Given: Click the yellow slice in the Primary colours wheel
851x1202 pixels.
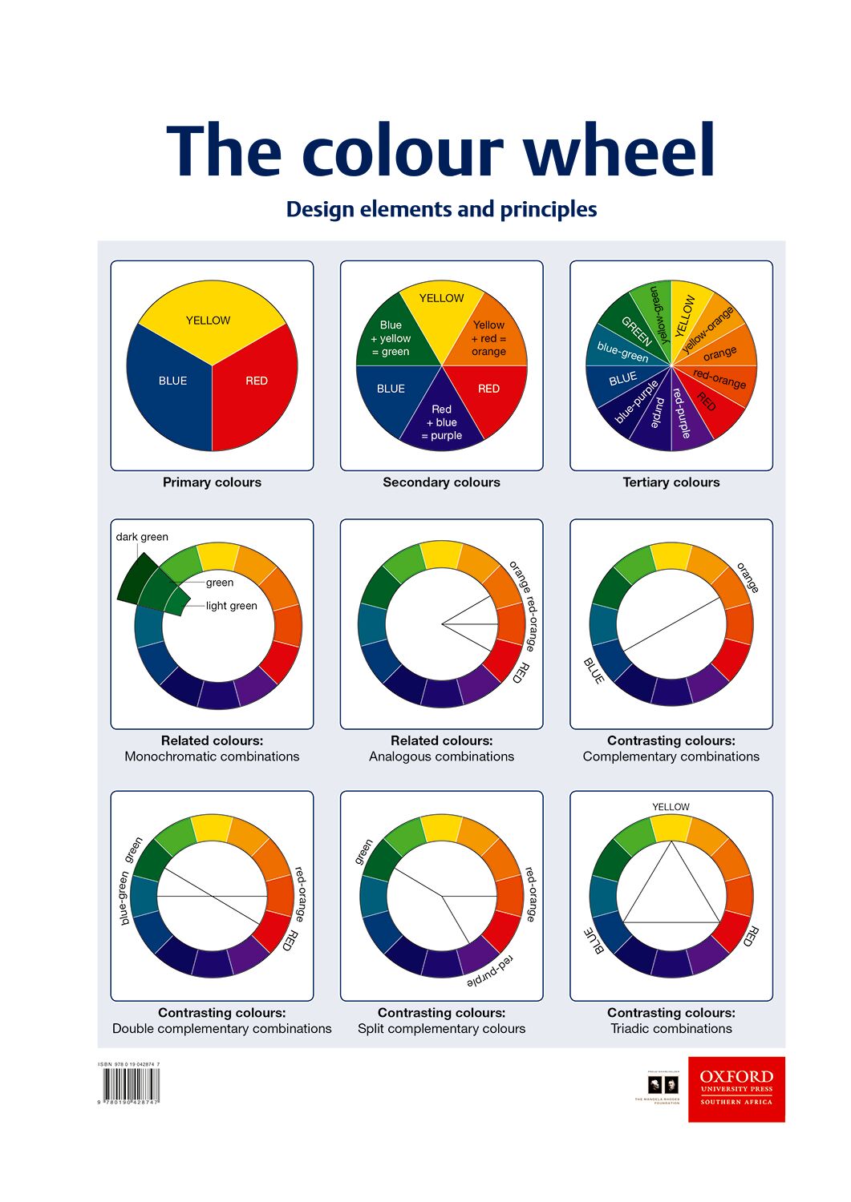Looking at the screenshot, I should point(210,317).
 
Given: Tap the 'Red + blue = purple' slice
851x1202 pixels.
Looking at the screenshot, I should point(442,422).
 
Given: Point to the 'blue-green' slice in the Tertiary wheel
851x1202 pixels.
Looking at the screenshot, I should point(622,351).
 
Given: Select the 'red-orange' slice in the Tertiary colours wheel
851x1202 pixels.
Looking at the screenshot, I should point(719,378).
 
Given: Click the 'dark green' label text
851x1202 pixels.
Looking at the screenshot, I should point(142,537).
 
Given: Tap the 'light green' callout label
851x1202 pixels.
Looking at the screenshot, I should point(231,606).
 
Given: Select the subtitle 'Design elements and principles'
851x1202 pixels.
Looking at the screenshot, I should point(441,209).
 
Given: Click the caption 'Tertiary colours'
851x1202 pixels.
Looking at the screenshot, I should point(671,482).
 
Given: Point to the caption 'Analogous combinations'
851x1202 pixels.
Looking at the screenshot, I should point(441,756).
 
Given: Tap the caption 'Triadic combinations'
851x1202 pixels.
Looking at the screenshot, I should point(671,1029).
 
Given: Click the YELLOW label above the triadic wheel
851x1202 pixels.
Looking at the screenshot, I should point(671,807).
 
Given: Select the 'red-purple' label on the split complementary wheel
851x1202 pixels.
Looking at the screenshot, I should point(490,970).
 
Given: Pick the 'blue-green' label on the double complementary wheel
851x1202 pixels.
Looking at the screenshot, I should point(124,898).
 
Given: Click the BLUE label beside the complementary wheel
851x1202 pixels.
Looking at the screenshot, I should point(594,671).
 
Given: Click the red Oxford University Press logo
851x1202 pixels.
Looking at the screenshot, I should point(736,1089).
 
